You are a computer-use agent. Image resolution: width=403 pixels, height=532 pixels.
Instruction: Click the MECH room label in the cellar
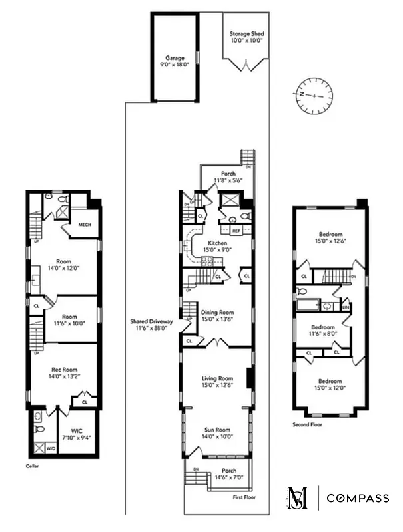[x=85, y=224]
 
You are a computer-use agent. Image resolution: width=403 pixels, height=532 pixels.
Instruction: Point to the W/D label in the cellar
[x=51, y=449]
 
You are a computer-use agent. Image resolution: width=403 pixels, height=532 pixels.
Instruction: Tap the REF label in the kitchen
[x=236, y=231]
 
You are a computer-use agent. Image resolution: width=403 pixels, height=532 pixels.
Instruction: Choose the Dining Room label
[x=217, y=315]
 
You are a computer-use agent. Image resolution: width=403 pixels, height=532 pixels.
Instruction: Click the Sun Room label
[x=217, y=433]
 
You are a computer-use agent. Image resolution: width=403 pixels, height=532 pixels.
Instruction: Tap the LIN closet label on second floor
[x=346, y=307]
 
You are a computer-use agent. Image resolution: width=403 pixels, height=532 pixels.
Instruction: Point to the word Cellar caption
[x=33, y=466]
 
